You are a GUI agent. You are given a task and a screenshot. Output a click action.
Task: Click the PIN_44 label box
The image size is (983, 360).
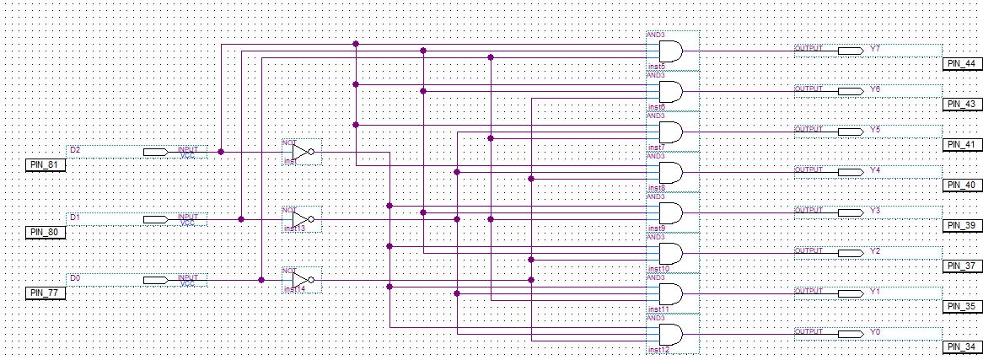(x=961, y=63)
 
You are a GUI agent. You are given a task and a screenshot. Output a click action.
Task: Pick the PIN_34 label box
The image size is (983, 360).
(x=961, y=347)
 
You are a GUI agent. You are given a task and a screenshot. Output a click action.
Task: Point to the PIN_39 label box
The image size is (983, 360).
(x=961, y=225)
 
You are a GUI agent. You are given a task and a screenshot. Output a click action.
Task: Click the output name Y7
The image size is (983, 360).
(x=875, y=49)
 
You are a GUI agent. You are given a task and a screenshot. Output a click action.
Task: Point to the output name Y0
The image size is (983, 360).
(x=875, y=333)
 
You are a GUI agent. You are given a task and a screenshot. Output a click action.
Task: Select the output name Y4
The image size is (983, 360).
(x=875, y=170)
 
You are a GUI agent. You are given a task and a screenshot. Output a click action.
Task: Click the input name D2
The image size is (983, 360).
(x=75, y=150)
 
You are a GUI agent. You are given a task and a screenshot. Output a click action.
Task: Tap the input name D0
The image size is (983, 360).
(x=75, y=277)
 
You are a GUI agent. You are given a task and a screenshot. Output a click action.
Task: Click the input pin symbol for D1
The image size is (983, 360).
(x=155, y=219)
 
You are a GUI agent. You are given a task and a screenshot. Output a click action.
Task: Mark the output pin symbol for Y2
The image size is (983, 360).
(x=850, y=251)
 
